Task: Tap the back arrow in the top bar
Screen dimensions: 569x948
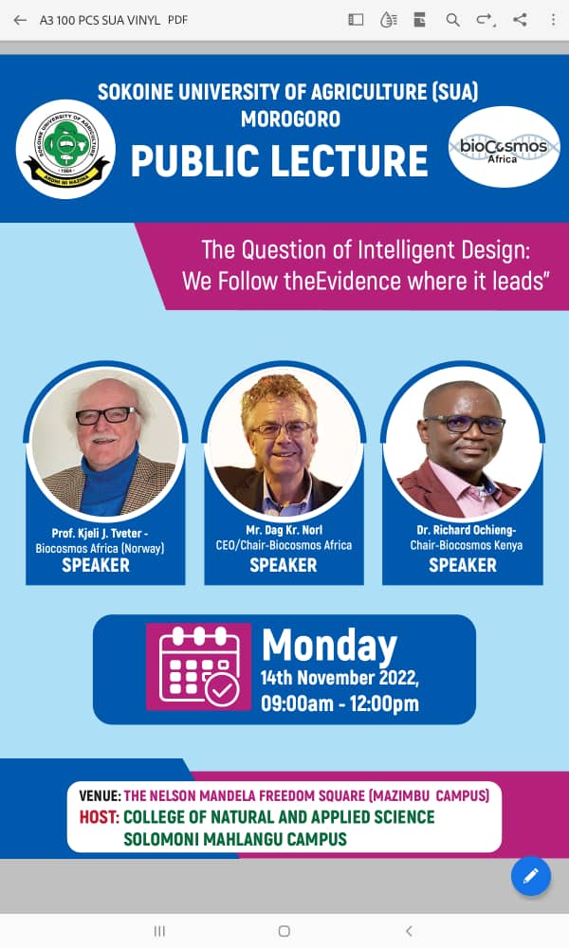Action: pyautogui.click(x=20, y=20)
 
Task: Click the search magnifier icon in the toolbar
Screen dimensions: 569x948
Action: pyautogui.click(x=453, y=20)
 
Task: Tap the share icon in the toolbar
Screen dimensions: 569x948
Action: pyautogui.click(x=520, y=20)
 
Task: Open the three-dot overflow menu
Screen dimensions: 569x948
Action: pyautogui.click(x=553, y=20)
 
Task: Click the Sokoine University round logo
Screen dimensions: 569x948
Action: pyautogui.click(x=66, y=150)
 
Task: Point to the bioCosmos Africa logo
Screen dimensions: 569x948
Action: pyautogui.click(x=504, y=147)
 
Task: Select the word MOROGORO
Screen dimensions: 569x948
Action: pyautogui.click(x=291, y=118)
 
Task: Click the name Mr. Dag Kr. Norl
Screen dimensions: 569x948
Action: pyautogui.click(x=284, y=530)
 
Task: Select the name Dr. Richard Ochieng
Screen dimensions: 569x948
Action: pyautogui.click(x=466, y=530)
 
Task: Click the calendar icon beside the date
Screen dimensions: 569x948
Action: pyautogui.click(x=199, y=666)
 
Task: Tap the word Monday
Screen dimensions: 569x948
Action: pyautogui.click(x=330, y=647)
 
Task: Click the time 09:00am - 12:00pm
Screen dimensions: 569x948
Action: pyautogui.click(x=340, y=703)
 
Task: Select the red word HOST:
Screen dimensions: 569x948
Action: pyautogui.click(x=100, y=817)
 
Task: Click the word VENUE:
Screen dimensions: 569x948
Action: pyautogui.click(x=100, y=795)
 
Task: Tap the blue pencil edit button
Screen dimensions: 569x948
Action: pyautogui.click(x=531, y=876)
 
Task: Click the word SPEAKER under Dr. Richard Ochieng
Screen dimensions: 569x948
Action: pyautogui.click(x=463, y=565)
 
